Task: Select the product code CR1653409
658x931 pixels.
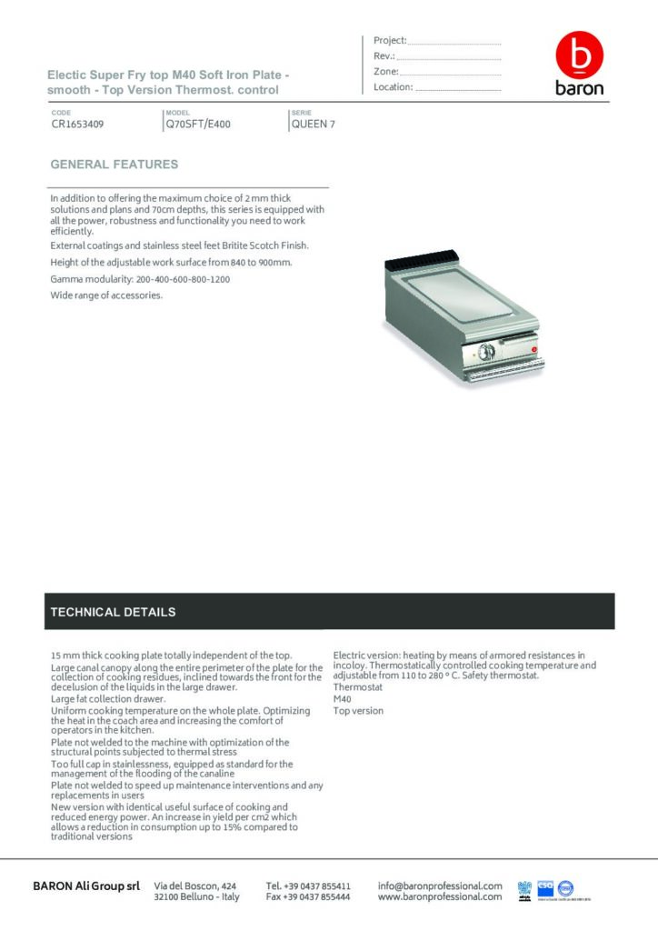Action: [x=77, y=125]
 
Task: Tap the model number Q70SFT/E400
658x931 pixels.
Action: [x=198, y=125]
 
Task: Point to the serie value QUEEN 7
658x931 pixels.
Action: [x=313, y=125]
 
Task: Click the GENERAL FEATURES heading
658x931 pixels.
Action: [x=115, y=165]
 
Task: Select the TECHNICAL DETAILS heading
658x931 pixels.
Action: [x=114, y=612]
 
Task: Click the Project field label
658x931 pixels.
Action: [x=390, y=41]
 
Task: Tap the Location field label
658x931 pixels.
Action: [x=393, y=87]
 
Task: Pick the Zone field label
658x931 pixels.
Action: [x=385, y=72]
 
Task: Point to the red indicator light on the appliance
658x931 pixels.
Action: [x=535, y=345]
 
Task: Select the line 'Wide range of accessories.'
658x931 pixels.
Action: [x=106, y=295]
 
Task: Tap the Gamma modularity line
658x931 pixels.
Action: [x=140, y=279]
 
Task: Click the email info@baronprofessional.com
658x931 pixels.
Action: [x=440, y=886]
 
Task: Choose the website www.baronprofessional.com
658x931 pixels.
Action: [x=440, y=897]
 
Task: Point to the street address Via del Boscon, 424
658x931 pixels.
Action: [x=196, y=886]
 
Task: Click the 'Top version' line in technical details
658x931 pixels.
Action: [x=358, y=711]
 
